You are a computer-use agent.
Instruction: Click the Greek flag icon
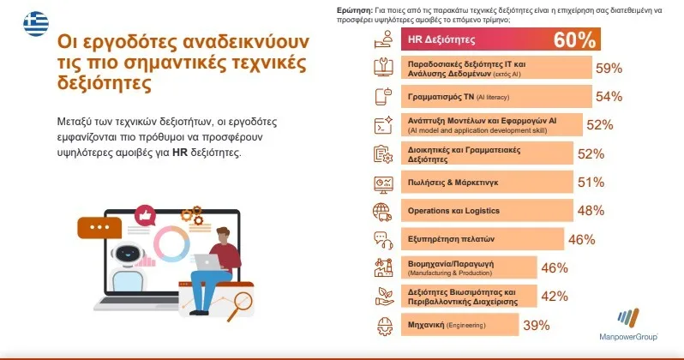(36, 24)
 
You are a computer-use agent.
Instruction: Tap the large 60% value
(574, 39)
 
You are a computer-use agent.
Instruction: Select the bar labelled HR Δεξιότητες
(501, 39)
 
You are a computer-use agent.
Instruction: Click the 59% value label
(609, 68)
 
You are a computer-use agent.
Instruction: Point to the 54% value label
(609, 97)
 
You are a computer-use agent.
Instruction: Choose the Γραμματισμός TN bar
(496, 97)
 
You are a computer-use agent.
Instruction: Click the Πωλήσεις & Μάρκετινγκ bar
(487, 182)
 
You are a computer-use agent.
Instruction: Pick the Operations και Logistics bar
(487, 210)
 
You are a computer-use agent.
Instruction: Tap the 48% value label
(591, 210)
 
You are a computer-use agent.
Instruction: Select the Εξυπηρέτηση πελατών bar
(483, 238)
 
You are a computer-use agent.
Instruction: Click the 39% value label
(536, 325)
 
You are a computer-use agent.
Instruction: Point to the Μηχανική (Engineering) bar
(459, 325)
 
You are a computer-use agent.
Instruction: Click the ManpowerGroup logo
(628, 324)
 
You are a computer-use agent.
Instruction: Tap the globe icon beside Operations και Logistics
(382, 212)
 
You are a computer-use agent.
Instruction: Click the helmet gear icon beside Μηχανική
(384, 326)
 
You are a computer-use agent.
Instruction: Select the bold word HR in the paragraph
(180, 153)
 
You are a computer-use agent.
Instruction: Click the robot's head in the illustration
(128, 254)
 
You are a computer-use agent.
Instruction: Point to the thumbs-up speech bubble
(145, 215)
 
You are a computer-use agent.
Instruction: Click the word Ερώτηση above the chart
(355, 10)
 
